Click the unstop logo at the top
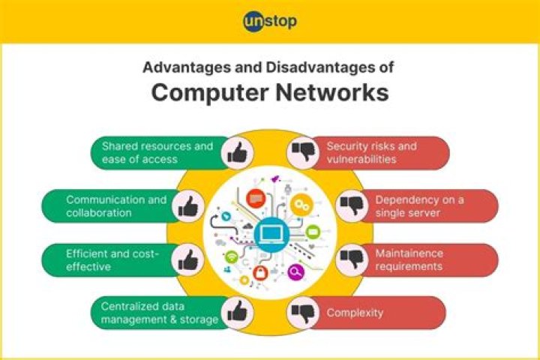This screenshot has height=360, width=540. point(270,21)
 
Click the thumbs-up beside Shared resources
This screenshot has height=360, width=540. point(237,153)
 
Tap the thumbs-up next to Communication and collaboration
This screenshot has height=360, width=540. point(188,206)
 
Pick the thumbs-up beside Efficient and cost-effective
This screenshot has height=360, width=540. point(188,260)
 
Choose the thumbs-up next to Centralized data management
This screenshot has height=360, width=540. point(237,312)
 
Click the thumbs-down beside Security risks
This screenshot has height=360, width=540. point(303,152)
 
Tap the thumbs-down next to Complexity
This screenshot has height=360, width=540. point(303,313)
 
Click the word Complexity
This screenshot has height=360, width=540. point(355,313)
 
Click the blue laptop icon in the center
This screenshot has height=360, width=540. point(271,235)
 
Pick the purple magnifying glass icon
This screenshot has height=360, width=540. point(295,272)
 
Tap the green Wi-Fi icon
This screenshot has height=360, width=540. point(232,257)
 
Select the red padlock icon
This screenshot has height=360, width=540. point(260,273)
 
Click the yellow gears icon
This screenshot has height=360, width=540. point(301,205)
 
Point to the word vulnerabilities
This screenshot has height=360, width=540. point(361,159)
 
